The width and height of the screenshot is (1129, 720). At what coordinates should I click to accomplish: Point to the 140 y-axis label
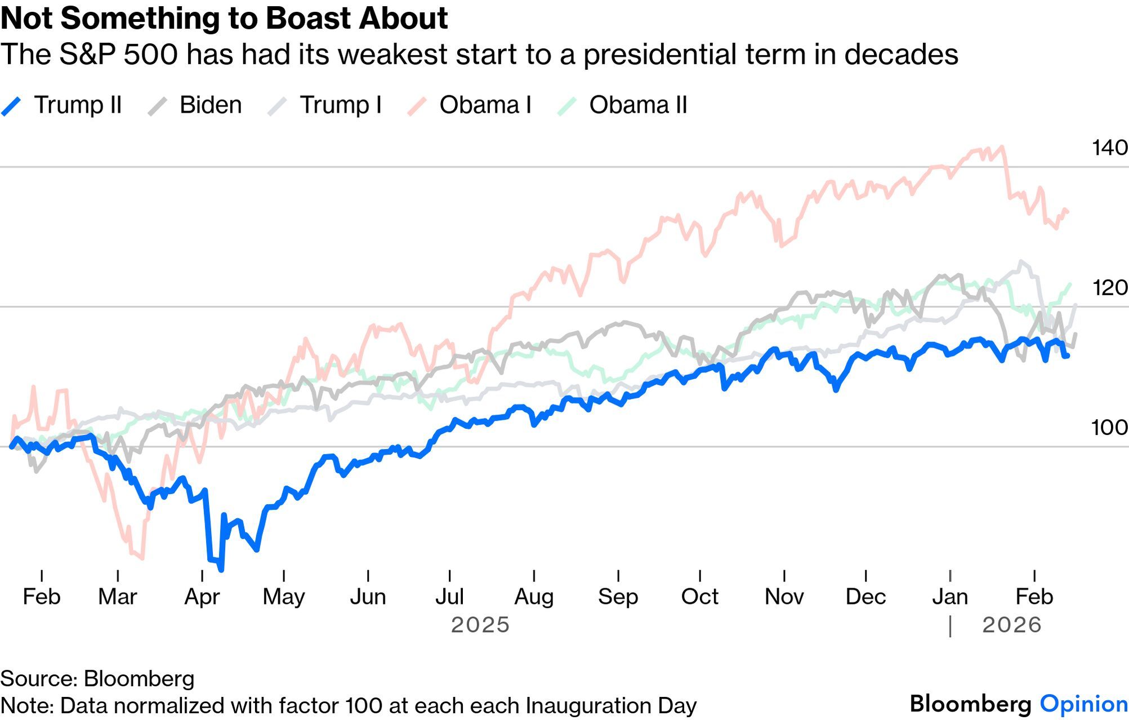pyautogui.click(x=1109, y=148)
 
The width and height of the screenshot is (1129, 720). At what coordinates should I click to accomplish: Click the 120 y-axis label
pyautogui.click(x=1109, y=288)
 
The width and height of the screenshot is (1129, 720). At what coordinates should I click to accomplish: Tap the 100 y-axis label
pyautogui.click(x=1109, y=428)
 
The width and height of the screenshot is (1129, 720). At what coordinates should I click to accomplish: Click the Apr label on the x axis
pyautogui.click(x=202, y=597)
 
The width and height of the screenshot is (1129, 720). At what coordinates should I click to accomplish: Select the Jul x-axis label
pyautogui.click(x=449, y=597)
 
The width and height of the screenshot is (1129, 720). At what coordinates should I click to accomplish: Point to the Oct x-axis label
pyautogui.click(x=699, y=597)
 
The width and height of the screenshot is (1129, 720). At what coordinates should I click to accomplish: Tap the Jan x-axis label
pyautogui.click(x=950, y=597)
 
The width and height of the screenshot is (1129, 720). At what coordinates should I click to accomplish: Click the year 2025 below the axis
pyautogui.click(x=480, y=625)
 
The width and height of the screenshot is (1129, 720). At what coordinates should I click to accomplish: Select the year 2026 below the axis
pyautogui.click(x=1011, y=625)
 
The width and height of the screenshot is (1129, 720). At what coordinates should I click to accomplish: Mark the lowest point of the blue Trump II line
pyautogui.click(x=221, y=570)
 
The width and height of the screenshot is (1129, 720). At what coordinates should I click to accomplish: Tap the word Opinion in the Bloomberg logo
pyautogui.click(x=1083, y=704)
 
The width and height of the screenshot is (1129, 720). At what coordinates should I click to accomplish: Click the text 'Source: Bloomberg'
pyautogui.click(x=97, y=678)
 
